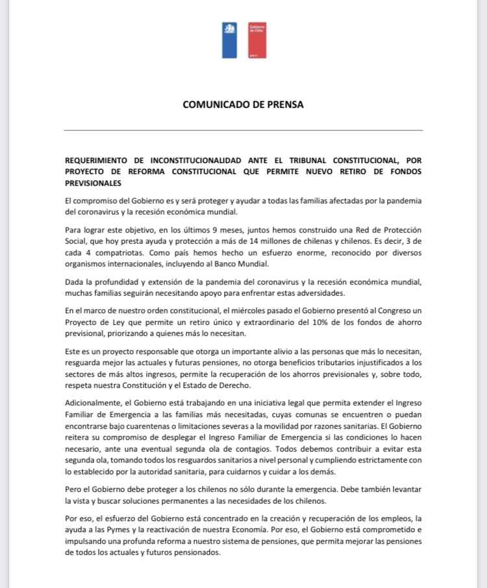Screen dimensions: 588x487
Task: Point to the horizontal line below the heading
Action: [x=243, y=131]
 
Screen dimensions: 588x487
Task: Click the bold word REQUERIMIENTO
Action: [x=103, y=160]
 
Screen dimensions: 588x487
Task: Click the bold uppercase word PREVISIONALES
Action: [x=93, y=183]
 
